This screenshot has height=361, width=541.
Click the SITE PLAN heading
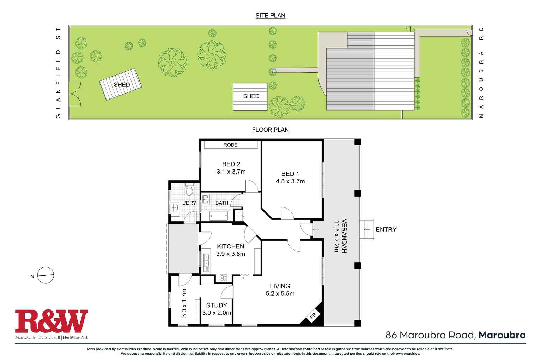tap(270, 16)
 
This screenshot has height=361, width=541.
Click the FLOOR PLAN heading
tap(270, 130)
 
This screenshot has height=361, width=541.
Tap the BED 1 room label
tap(290, 174)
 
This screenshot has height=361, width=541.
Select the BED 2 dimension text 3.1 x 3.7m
tap(231, 172)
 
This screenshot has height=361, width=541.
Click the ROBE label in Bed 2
tap(230, 145)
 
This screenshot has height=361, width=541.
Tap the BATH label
tap(221, 203)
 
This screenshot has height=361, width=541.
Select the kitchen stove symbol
tap(223, 278)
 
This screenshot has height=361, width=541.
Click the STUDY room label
tap(217, 305)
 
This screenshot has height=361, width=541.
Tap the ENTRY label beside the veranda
tap(386, 229)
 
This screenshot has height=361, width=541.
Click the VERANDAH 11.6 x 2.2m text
tap(341, 236)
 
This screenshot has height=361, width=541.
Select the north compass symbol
tap(45, 275)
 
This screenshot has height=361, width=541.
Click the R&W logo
tap(51, 321)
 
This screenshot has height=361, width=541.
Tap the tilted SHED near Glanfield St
tap(121, 84)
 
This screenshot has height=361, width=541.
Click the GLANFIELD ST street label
tap(59, 72)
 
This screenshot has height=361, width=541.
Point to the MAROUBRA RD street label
tap(482, 72)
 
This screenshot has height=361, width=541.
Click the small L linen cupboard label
tap(239, 215)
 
